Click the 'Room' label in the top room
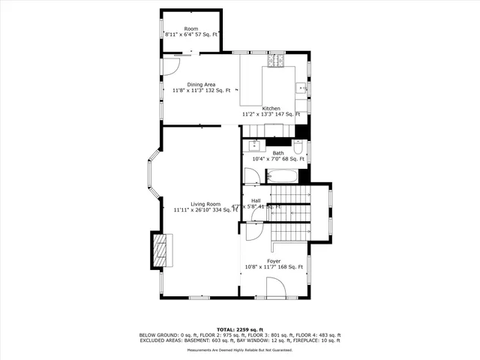(x=191, y=28)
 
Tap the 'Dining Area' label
(x=190, y=85)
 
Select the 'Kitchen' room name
(x=271, y=108)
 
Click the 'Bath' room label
(x=278, y=153)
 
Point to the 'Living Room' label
(x=205, y=204)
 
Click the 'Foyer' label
(x=274, y=261)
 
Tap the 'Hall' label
(x=256, y=200)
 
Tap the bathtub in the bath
(x=282, y=178)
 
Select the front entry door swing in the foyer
(x=276, y=286)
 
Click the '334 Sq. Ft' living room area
(x=227, y=210)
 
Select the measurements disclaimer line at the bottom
(x=240, y=350)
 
